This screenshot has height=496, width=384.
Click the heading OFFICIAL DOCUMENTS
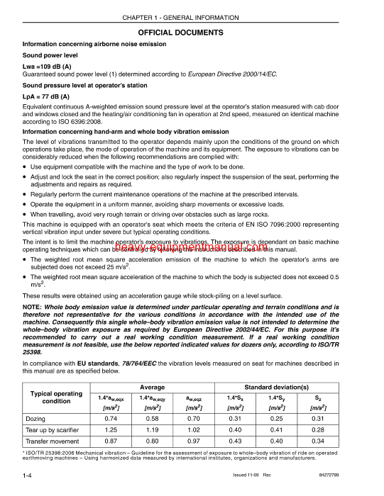click(192, 33)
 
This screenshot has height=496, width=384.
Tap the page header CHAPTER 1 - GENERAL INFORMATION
click(192, 17)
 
